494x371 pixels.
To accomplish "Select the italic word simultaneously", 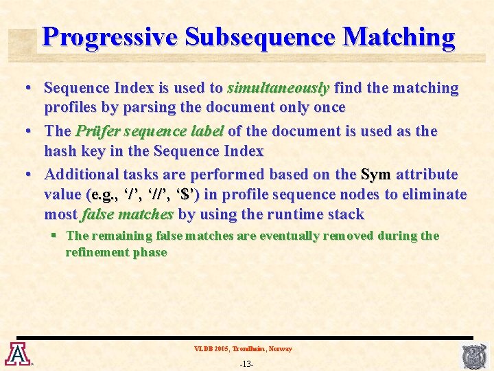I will [279, 88].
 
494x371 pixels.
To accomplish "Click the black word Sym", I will [375, 175].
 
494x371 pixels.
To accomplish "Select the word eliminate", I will [433, 194].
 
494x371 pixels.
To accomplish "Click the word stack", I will [346, 214].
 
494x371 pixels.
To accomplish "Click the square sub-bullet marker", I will [54, 235].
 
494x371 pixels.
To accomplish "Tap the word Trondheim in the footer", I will [248, 349].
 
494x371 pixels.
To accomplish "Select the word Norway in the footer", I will [281, 349].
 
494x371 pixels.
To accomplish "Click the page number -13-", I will [246, 363].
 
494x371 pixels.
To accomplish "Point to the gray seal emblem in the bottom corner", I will [474, 355].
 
